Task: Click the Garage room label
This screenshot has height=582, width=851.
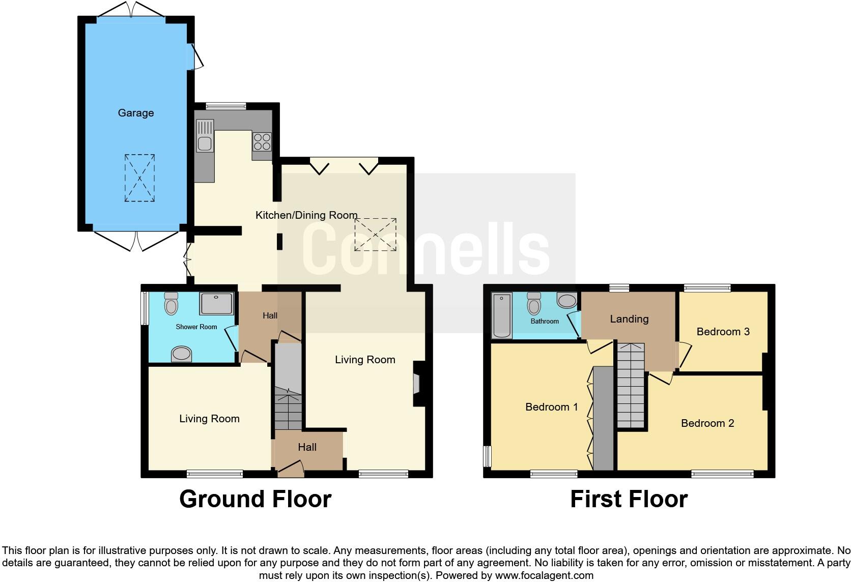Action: (x=135, y=113)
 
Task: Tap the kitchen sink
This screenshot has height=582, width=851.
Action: (x=205, y=136)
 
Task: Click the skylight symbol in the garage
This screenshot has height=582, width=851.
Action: (x=139, y=178)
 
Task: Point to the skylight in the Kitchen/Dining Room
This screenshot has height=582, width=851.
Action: (x=375, y=235)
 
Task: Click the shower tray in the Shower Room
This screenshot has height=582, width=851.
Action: (x=217, y=303)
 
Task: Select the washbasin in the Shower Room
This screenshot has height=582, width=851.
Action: (x=181, y=354)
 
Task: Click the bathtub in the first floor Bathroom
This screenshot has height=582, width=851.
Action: (x=502, y=315)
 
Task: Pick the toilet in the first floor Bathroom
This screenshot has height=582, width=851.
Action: (x=534, y=304)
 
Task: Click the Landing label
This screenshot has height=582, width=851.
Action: (x=629, y=319)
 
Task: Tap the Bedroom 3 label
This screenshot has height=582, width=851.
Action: (x=723, y=332)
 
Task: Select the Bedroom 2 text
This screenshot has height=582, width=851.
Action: (x=707, y=423)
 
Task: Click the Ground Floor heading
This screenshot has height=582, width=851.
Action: (x=255, y=499)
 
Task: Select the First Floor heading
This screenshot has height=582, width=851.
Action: (x=629, y=499)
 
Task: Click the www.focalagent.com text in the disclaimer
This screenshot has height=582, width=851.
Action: (x=544, y=576)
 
